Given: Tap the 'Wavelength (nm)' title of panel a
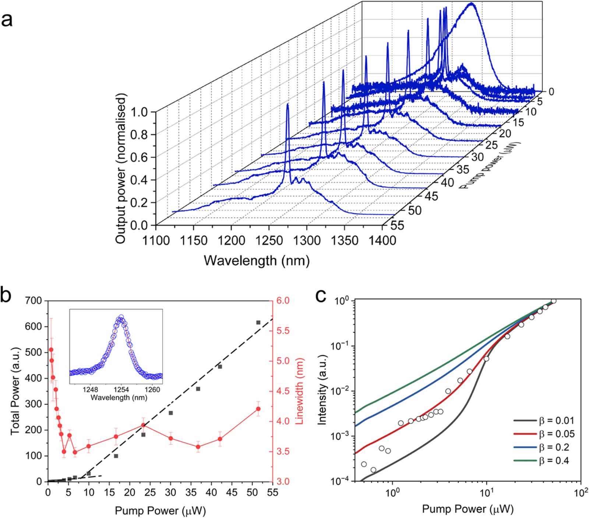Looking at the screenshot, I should tap(257, 260).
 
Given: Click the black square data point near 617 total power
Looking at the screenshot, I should tap(258, 323).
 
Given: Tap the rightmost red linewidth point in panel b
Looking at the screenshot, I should tap(258, 409).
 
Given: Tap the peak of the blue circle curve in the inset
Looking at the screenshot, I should tap(120, 317).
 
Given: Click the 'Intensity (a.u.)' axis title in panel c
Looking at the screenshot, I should tap(322, 390).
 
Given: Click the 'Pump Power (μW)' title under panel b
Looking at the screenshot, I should tap(160, 510).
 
